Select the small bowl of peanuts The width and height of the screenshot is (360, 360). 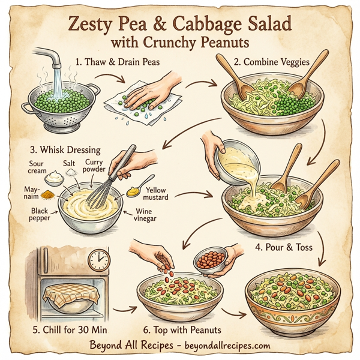point(209,259)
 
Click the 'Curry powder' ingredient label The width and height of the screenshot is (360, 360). point(95,166)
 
